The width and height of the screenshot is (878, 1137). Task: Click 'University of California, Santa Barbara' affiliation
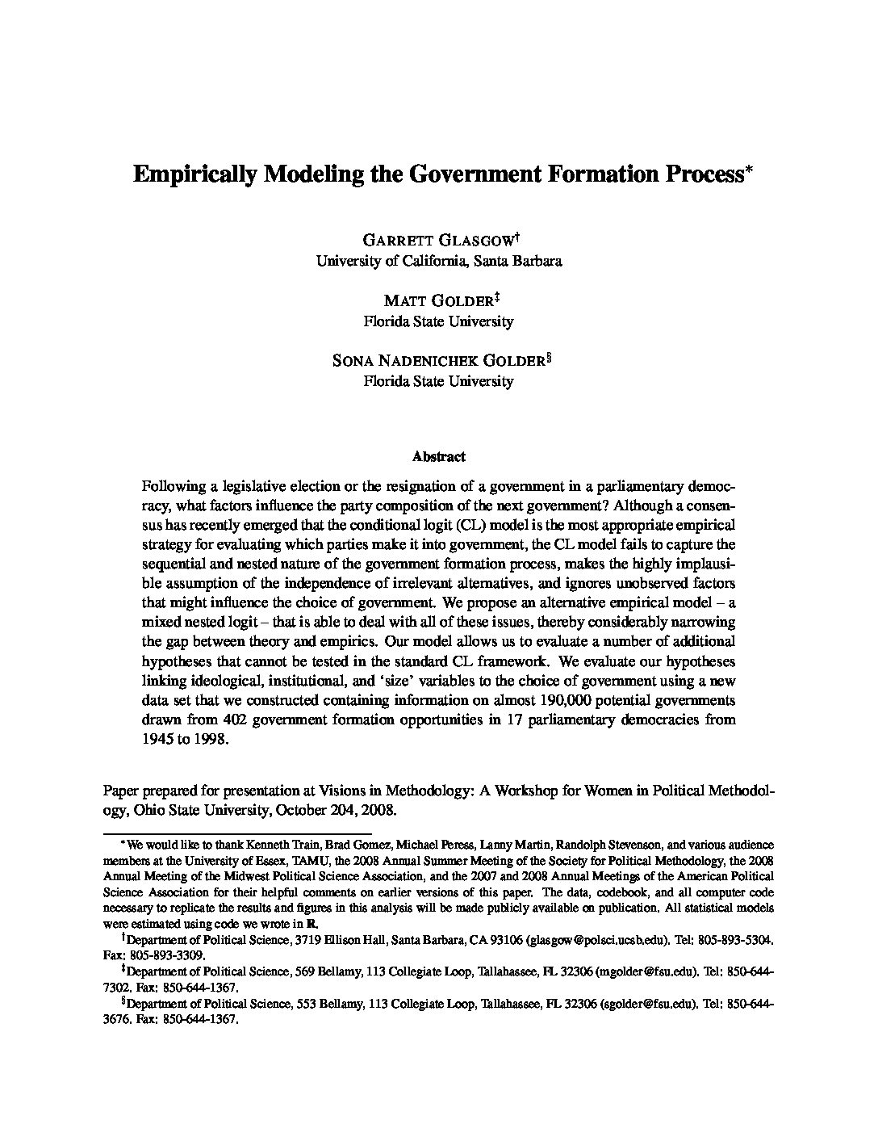tap(438, 261)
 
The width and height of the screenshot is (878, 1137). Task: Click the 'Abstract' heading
tap(438, 456)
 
